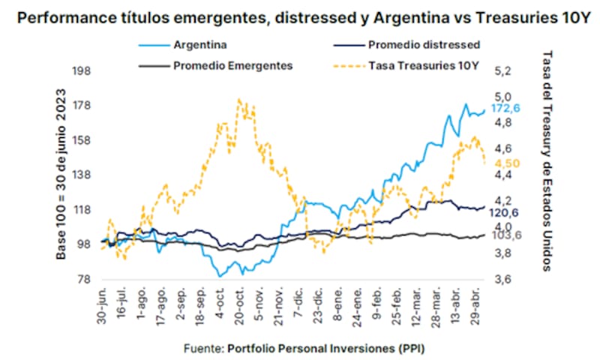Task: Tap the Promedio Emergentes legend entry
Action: [x=232, y=64]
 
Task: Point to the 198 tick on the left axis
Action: [x=80, y=71]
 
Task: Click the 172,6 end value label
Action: [x=506, y=109]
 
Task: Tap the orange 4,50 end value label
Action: [x=506, y=163]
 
